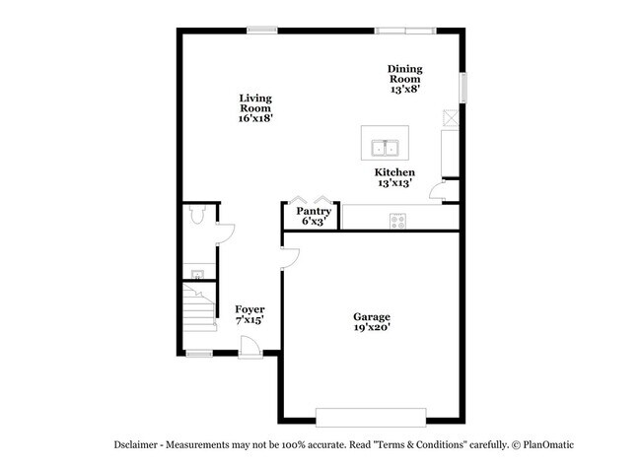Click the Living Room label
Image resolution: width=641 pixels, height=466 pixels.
255,102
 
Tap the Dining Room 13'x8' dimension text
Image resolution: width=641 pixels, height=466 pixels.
405,89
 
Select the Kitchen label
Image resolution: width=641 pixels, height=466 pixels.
394,172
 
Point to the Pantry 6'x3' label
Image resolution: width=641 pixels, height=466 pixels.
314,216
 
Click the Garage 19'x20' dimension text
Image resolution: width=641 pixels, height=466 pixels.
372,327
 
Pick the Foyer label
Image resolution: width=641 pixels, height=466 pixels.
249,309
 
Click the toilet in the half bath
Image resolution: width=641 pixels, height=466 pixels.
198,214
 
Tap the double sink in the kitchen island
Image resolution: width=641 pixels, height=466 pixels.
385,148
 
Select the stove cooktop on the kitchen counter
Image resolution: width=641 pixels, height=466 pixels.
397,221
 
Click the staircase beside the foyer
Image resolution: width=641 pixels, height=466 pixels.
199,307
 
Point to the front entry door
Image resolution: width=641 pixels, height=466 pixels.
250,347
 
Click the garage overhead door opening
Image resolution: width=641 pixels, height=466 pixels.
371,418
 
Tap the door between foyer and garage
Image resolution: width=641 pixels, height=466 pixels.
290,258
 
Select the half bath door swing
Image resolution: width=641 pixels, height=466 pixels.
225,233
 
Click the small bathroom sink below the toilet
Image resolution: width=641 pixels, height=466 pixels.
198,274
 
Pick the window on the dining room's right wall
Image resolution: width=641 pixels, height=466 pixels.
463,88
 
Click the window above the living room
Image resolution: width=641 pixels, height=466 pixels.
262,31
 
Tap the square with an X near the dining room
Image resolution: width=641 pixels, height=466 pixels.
451,117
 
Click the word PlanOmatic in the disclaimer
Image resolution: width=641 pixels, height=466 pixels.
548,444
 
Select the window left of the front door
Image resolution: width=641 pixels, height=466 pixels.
199,354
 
